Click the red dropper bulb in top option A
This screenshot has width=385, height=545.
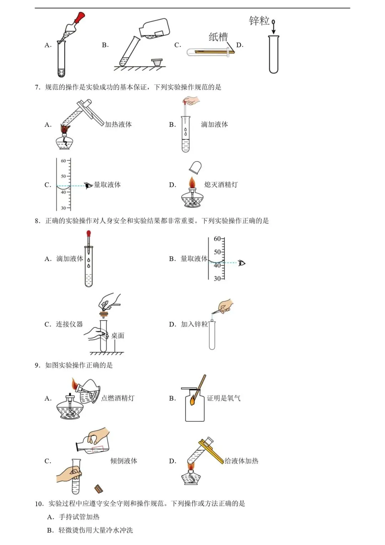[x=80, y=17]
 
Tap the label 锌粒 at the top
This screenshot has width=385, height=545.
[x=259, y=21]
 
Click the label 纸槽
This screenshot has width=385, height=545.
[x=218, y=37]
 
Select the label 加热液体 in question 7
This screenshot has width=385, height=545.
[x=118, y=124]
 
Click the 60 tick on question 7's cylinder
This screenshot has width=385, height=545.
[x=63, y=161]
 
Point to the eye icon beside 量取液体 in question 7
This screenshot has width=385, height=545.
[x=88, y=185]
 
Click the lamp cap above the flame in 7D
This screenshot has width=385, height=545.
[x=195, y=167]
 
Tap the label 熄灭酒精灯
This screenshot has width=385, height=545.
[x=221, y=185]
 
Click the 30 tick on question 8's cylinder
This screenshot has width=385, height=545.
[x=217, y=279]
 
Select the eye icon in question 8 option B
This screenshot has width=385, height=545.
[x=242, y=263]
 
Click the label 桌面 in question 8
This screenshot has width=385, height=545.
[x=118, y=336]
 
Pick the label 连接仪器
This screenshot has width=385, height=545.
[x=69, y=324]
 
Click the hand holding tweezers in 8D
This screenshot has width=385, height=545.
[x=226, y=306]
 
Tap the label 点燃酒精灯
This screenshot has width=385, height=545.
[x=118, y=398]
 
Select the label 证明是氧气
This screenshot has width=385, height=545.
[x=224, y=398]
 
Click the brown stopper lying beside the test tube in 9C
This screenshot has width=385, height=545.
[x=99, y=489]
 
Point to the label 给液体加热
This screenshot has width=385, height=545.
[x=241, y=461]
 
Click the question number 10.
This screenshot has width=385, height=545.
[x=39, y=504]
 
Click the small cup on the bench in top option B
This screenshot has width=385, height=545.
[x=157, y=62]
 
